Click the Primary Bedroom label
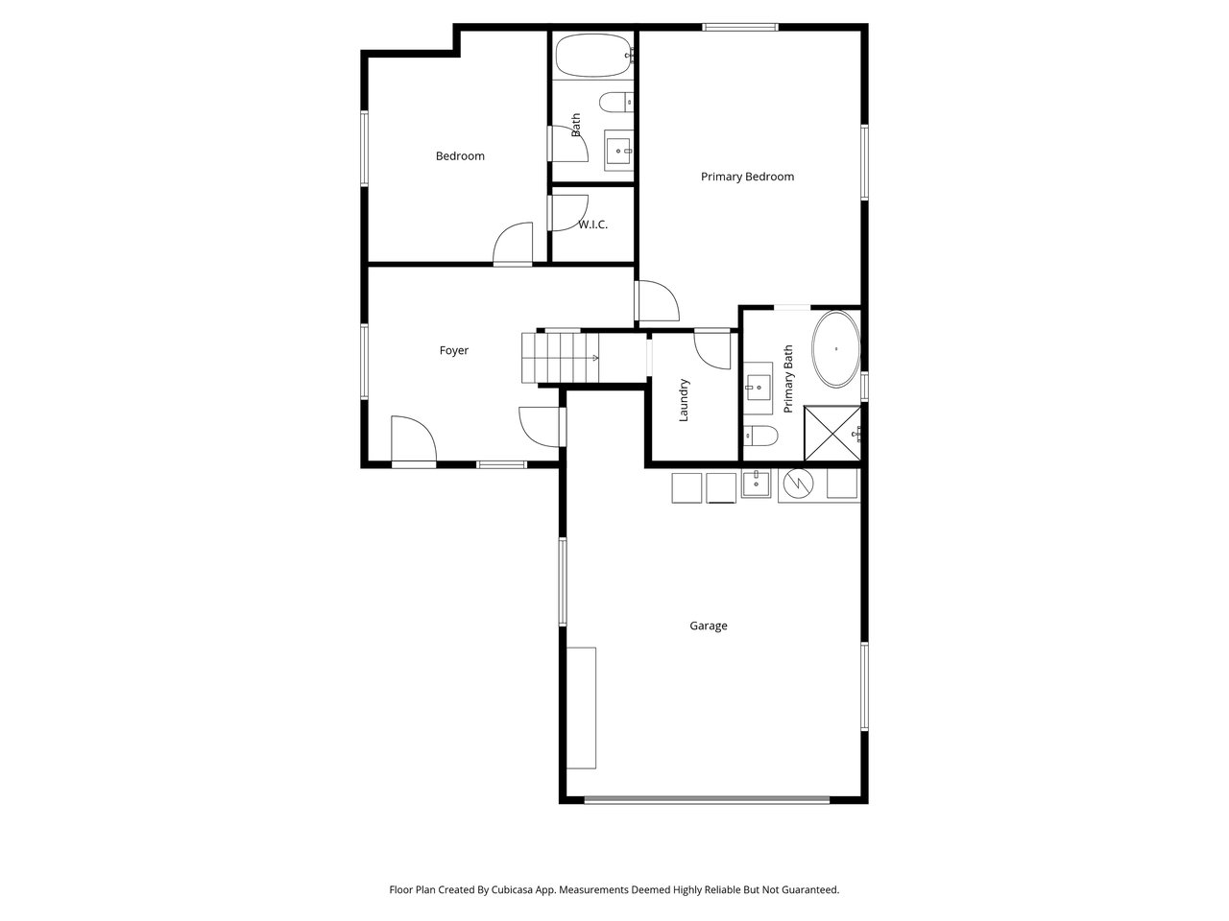[747, 177]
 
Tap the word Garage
[708, 626]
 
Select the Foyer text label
[453, 350]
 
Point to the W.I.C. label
[593, 224]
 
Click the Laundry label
[683, 400]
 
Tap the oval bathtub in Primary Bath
[836, 349]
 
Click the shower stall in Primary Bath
[832, 434]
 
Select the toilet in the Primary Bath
[760, 436]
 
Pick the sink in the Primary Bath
[758, 388]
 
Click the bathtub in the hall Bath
[593, 56]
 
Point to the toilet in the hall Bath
[615, 103]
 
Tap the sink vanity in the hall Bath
[618, 151]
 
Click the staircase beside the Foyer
[560, 358]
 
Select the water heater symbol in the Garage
[798, 484]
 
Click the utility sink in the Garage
[756, 484]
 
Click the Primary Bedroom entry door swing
[658, 301]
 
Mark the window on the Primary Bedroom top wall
[740, 27]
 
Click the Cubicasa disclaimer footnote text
[614, 889]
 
